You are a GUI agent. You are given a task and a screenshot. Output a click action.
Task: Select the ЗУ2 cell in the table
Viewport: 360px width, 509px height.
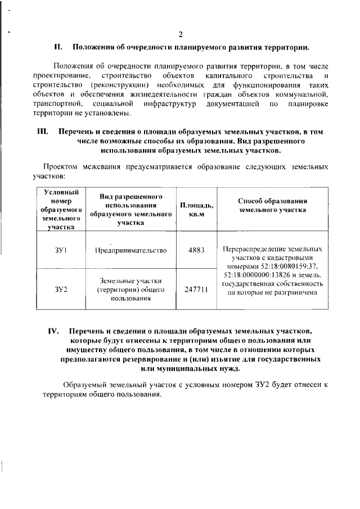click(61, 290)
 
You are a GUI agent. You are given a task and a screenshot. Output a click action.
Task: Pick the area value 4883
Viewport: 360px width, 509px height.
click(192, 251)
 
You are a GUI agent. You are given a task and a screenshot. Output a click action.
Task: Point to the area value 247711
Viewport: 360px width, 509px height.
click(192, 290)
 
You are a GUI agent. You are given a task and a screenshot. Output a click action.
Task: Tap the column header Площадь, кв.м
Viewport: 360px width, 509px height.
click(192, 210)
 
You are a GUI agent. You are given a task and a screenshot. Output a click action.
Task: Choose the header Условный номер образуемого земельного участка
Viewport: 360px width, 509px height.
click(61, 210)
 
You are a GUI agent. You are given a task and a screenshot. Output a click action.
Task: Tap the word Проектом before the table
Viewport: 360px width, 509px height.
click(60, 167)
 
